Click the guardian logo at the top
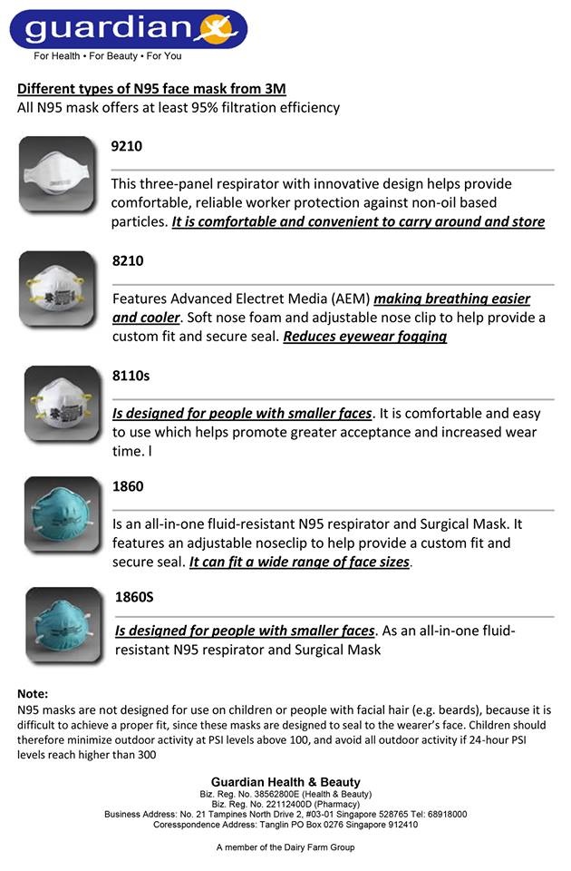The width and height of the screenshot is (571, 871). click(128, 28)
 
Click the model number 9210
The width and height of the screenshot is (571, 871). click(127, 146)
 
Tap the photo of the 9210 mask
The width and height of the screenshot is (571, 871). click(57, 175)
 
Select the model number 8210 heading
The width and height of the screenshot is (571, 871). click(128, 260)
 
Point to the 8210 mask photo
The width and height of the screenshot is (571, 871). click(57, 289)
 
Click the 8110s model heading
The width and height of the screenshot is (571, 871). click(131, 375)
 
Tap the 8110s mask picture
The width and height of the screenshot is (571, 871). click(57, 402)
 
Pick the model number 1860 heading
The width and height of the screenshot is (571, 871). click(128, 486)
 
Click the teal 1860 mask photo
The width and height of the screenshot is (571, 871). click(57, 514)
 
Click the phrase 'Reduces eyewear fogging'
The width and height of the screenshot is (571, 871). click(365, 336)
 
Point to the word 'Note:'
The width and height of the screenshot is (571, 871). click(33, 693)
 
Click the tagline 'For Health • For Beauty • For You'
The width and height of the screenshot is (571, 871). click(108, 56)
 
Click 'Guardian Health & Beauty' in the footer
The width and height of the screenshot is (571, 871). click(285, 782)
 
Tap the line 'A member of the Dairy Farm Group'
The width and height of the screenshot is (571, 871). click(285, 847)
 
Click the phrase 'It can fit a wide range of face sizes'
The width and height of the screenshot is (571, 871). click(299, 562)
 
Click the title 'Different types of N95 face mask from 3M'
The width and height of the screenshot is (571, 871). click(152, 89)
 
